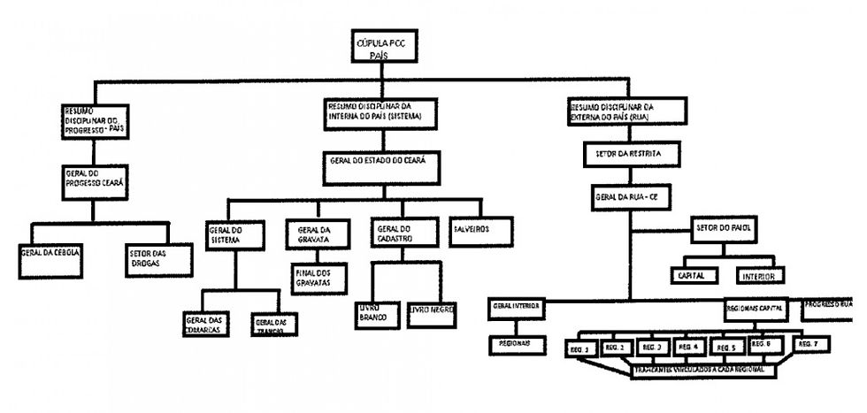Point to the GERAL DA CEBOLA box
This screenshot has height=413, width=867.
point(50,252)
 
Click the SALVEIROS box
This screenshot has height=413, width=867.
point(478,230)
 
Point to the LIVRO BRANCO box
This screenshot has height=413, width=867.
point(372,317)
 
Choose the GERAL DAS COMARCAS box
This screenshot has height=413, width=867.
point(205,324)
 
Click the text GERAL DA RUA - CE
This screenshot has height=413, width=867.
point(629,196)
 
